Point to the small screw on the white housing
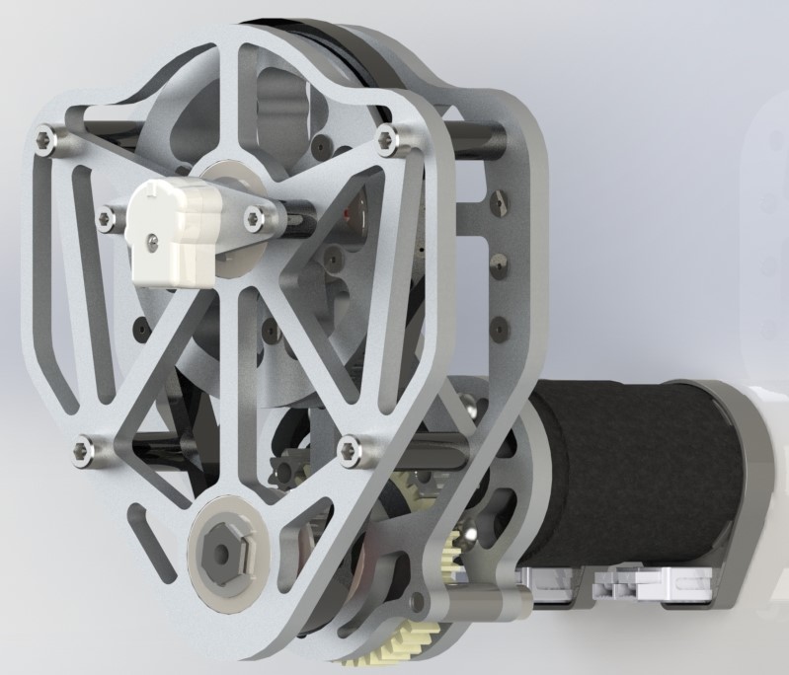coord(152,238)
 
